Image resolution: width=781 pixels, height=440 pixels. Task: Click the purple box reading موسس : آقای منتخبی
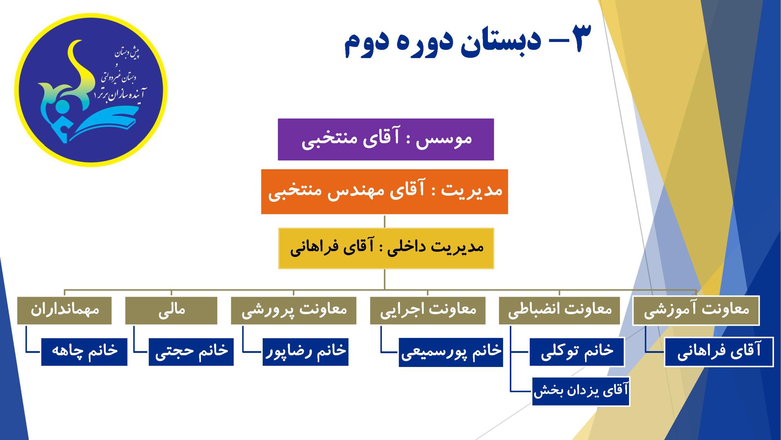point(386,139)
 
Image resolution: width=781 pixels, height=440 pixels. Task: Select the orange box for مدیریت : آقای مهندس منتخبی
point(384,192)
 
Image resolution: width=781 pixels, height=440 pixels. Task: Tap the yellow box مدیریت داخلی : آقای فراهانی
point(386,248)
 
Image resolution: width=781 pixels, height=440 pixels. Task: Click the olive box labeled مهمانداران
point(64,310)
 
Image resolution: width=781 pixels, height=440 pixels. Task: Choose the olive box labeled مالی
point(171,310)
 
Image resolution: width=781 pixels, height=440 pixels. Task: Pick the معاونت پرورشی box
point(293,310)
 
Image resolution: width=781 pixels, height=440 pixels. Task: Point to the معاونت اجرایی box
point(428,310)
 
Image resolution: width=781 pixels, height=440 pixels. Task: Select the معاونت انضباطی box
point(559,310)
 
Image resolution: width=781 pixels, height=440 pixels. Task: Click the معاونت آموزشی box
point(696,310)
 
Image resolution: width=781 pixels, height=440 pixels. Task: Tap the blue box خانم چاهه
point(84,352)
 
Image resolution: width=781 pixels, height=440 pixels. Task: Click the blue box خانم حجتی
point(191,352)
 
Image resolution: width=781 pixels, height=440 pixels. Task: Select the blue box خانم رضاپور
point(305,352)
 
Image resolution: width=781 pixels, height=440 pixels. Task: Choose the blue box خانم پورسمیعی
point(451,352)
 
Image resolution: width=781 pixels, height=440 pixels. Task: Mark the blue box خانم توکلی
point(577,352)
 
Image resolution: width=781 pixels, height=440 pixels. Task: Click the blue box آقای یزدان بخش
point(581,391)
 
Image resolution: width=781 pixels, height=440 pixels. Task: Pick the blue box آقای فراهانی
point(719,352)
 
